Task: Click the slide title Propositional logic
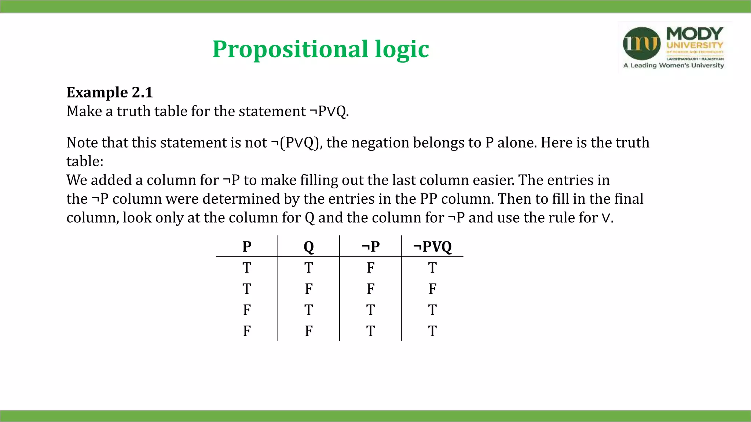pyautogui.click(x=320, y=49)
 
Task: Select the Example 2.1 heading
pyautogui.click(x=109, y=92)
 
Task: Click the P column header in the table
pyautogui.click(x=247, y=247)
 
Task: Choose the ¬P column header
pyautogui.click(x=370, y=247)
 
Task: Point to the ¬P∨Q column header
pyautogui.click(x=432, y=247)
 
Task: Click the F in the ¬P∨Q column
pyautogui.click(x=432, y=289)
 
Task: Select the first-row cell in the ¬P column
pyautogui.click(x=370, y=268)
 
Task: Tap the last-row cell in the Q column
pyautogui.click(x=309, y=331)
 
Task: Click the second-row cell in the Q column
pyautogui.click(x=309, y=289)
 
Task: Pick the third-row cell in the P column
pyautogui.click(x=247, y=310)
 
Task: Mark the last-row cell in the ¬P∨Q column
pyautogui.click(x=432, y=331)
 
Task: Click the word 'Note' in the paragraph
pyautogui.click(x=82, y=142)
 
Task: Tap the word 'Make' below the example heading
pyautogui.click(x=84, y=111)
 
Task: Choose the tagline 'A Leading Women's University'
pyautogui.click(x=674, y=66)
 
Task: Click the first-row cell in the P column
pyautogui.click(x=247, y=268)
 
